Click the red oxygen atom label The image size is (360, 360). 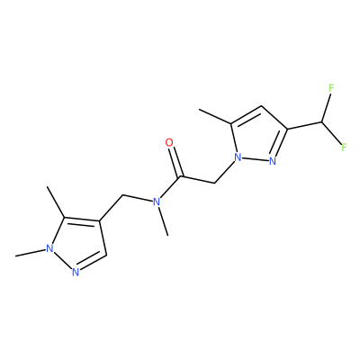coord(169,142)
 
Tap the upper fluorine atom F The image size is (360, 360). coord(331,88)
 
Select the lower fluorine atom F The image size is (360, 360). coord(344,148)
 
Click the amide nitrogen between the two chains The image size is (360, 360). coord(157,202)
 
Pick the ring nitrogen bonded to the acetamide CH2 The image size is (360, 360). coord(238,157)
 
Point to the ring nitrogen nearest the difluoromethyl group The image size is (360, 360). coord(273,161)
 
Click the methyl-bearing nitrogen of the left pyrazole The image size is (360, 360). coord(49,248)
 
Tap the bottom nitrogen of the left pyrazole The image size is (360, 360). coord(76,272)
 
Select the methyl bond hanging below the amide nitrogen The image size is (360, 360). coord(164,221)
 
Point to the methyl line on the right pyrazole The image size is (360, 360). coord(215,117)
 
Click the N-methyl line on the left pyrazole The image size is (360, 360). coord(31,253)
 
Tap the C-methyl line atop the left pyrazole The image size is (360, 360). coord(56,202)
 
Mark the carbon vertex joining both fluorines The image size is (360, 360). coord(321,122)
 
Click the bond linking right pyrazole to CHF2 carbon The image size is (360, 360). coord(304,126)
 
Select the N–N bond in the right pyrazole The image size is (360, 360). coord(255,159)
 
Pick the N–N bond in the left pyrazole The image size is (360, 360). coord(62,260)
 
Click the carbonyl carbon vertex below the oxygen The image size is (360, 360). coord(180,176)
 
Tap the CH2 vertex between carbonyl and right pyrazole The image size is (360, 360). coord(215,183)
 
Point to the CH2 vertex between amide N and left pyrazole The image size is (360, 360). coord(123,195)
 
